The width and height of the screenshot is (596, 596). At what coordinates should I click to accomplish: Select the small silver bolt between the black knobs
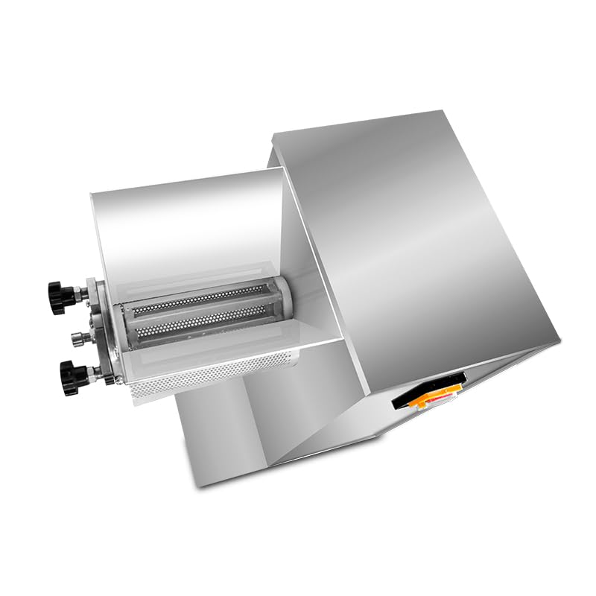(x=77, y=337)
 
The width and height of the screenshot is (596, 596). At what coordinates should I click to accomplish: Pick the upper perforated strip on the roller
(x=201, y=298)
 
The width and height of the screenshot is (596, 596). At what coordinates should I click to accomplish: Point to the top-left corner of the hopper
(x=92, y=195)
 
